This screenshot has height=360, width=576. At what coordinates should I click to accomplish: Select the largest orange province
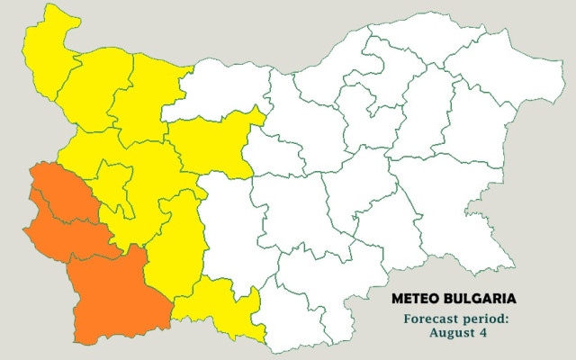[x=115, y=292]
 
